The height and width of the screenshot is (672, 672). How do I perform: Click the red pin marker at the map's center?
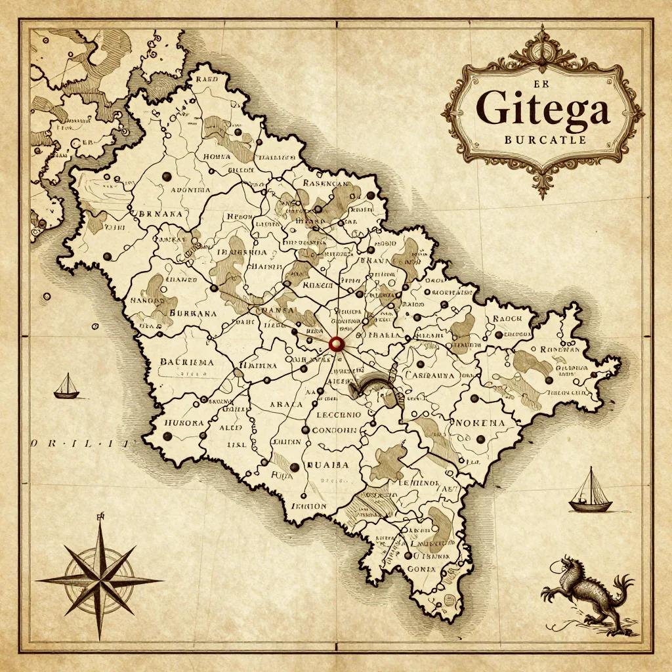[x=337, y=343]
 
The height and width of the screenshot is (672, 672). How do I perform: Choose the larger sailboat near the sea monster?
[x=590, y=491]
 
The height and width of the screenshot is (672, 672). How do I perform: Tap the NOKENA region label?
[x=480, y=423]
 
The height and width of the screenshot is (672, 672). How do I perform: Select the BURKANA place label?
[x=193, y=314]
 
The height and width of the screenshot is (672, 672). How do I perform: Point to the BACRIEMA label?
[x=186, y=362]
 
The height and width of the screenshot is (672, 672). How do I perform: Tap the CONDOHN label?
[x=333, y=430]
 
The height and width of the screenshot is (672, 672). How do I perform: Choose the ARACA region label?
[x=286, y=405]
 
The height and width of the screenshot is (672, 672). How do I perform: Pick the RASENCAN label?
[x=325, y=185]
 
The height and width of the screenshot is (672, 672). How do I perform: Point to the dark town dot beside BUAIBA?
[x=294, y=467]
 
